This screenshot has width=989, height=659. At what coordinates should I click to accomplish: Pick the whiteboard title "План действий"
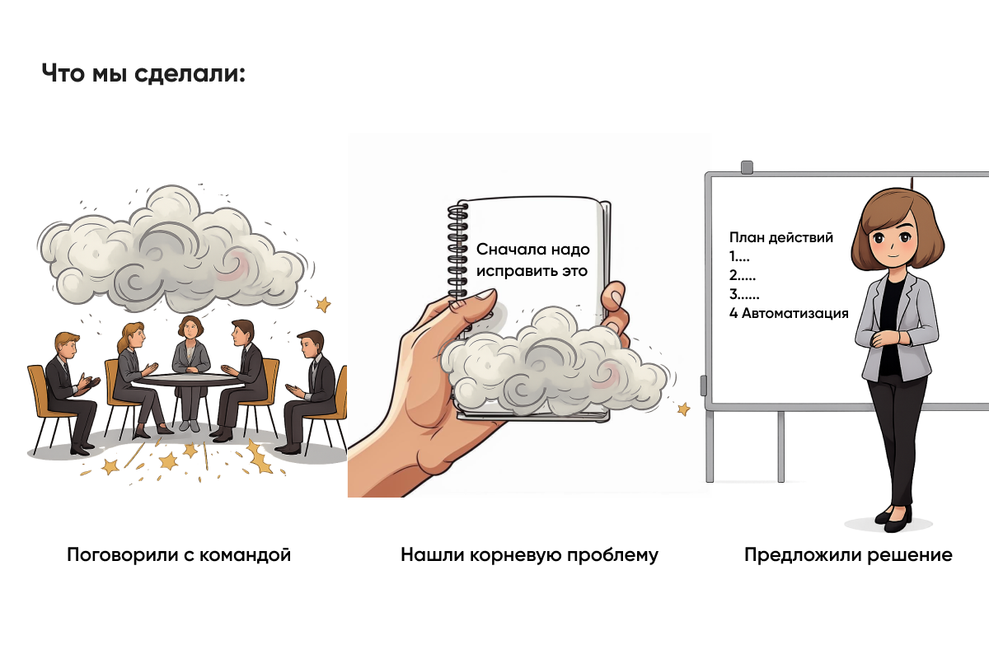pos(781,237)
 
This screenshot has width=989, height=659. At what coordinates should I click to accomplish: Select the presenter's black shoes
pos(893,516)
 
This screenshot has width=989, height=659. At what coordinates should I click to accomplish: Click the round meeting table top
pos(189,380)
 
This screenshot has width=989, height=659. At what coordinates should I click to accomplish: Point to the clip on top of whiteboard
pos(747,167)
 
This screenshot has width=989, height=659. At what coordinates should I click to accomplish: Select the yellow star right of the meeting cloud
pos(323,305)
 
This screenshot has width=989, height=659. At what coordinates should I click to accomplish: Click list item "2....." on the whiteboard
pos(743,275)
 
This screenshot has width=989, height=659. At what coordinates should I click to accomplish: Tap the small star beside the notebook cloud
pos(682,409)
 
